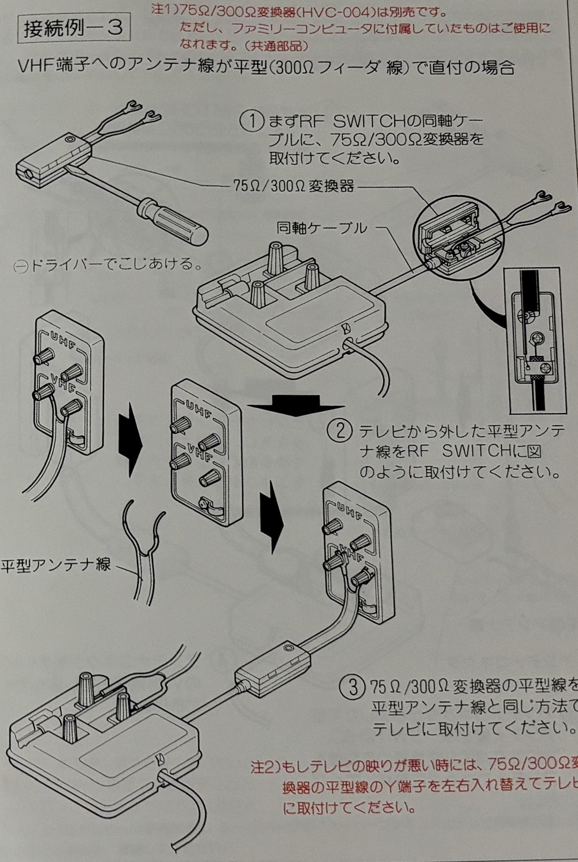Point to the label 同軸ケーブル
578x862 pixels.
(321, 228)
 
